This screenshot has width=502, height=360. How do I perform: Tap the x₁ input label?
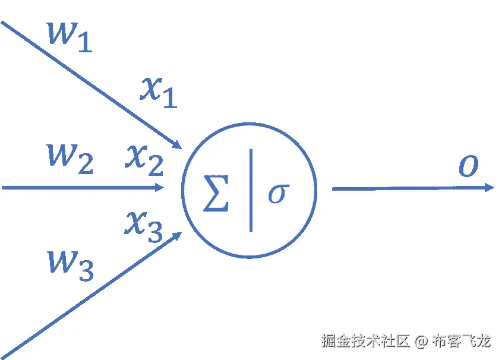(x=158, y=92)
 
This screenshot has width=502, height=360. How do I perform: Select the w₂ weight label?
(x=70, y=159)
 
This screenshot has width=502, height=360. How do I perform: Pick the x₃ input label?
(x=143, y=226)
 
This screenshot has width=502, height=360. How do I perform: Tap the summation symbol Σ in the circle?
(x=216, y=194)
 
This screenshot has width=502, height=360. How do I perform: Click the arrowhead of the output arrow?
(x=489, y=188)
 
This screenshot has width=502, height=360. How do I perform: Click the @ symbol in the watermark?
(x=421, y=342)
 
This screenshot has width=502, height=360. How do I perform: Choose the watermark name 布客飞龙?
(x=462, y=342)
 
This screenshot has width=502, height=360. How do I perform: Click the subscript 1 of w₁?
(x=85, y=44)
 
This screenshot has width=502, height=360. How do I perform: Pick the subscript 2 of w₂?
(x=85, y=166)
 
